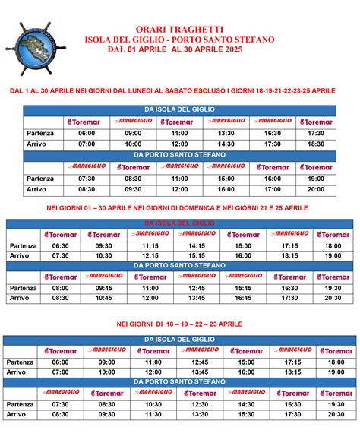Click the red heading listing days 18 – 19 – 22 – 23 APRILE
[180, 324]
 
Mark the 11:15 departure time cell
[150, 246]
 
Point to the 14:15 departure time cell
[197, 246]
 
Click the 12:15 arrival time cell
[150, 256]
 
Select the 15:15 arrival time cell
[197, 256]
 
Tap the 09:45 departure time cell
[104, 288]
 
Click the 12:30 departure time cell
[201, 405]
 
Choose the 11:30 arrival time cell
[153, 415]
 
